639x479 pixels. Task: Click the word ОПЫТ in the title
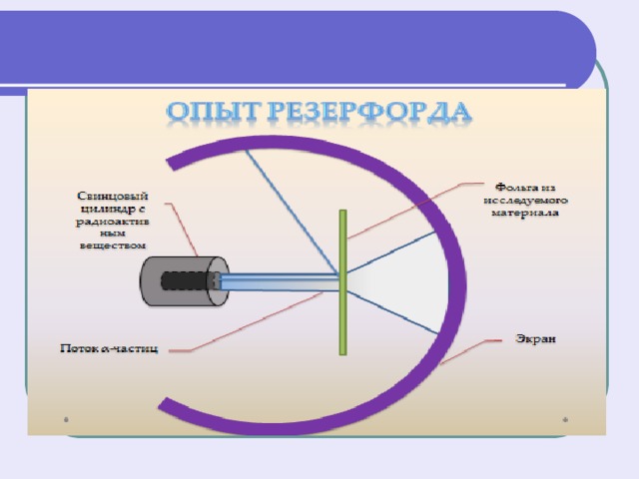213,111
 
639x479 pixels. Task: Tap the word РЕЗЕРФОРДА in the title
369,112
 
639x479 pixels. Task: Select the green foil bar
343,282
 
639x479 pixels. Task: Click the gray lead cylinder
184,281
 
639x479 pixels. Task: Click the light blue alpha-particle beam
280,282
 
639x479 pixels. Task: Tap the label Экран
535,339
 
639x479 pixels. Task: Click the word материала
525,213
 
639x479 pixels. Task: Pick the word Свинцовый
113,197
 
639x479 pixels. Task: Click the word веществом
113,245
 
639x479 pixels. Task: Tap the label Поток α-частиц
109,348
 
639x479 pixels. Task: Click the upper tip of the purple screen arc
171,164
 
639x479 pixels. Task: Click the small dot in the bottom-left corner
67,419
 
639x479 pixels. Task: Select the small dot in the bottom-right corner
565,419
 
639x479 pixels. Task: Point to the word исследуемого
526,200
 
